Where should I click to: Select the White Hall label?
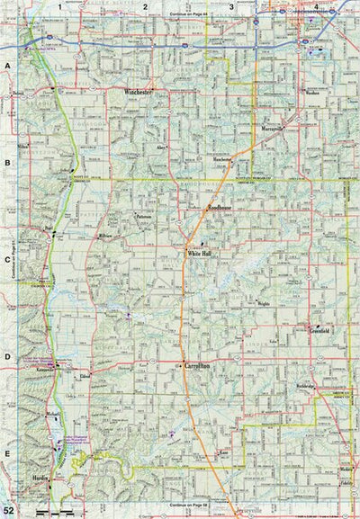tap(199, 254)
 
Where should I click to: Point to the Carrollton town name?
tap(198, 368)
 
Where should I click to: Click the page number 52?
tap(9, 511)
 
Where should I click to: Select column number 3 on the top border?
tap(231, 6)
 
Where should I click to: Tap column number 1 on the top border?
tap(59, 6)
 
